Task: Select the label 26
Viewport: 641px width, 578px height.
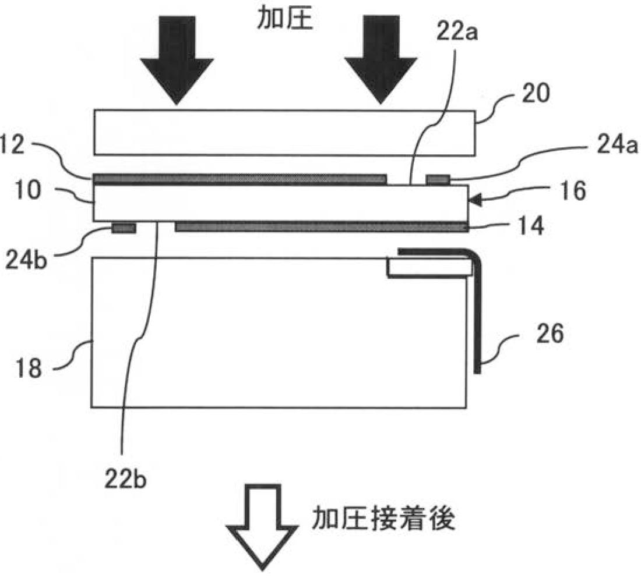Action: pyautogui.click(x=550, y=336)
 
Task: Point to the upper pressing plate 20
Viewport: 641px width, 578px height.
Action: pyautogui.click(x=284, y=133)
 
